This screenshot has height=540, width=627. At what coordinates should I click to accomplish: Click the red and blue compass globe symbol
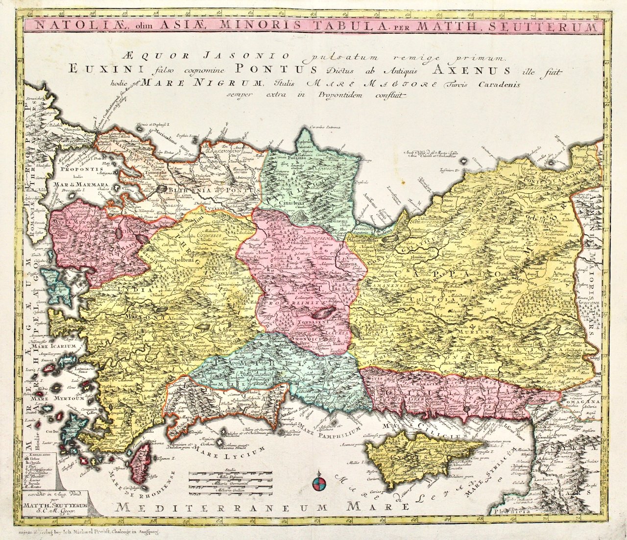318,484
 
